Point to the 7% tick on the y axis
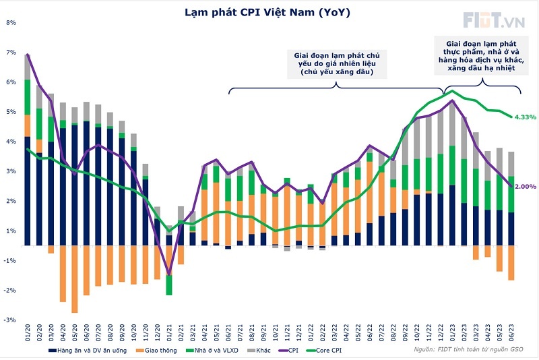click(11, 53)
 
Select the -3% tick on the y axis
click(11, 320)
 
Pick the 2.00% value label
click(526, 187)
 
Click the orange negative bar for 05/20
click(75, 279)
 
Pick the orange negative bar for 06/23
click(512, 263)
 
